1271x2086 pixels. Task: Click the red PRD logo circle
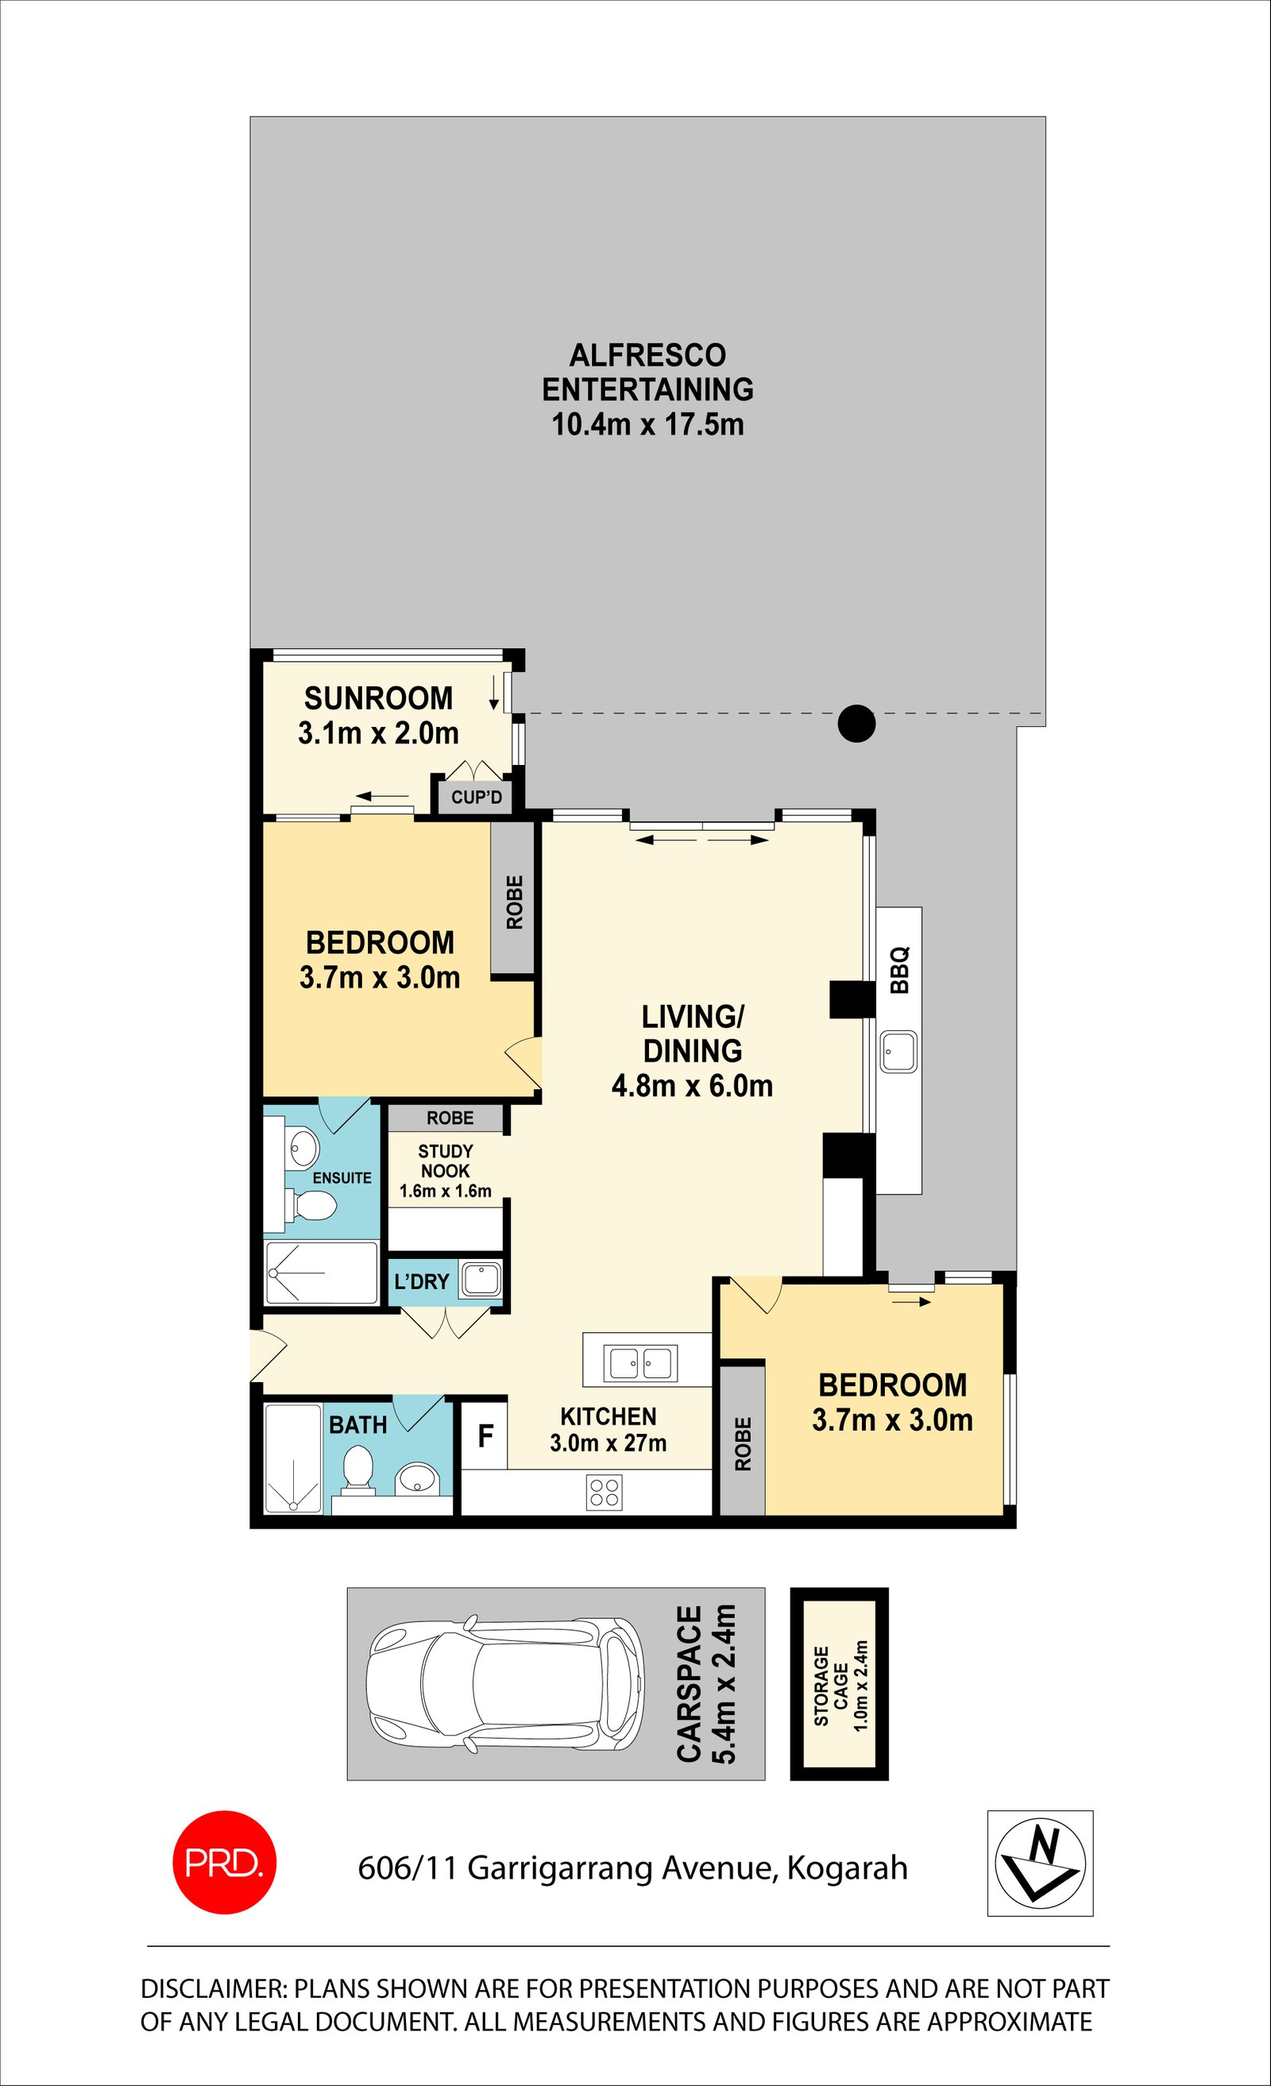(x=224, y=1863)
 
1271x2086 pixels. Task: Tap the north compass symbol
(x=1040, y=1863)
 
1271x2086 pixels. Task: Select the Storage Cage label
(x=840, y=1686)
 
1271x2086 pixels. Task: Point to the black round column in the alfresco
(x=856, y=724)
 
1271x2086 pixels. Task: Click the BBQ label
(x=899, y=969)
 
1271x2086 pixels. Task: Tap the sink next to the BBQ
(x=898, y=1053)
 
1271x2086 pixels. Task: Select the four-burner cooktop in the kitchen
(x=604, y=1493)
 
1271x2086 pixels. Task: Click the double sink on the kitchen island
(x=640, y=1364)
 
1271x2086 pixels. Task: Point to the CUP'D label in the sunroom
(x=477, y=798)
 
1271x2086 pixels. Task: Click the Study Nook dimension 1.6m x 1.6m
(x=446, y=1192)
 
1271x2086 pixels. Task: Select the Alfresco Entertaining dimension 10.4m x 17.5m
(x=647, y=424)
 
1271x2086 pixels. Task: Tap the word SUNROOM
(x=378, y=698)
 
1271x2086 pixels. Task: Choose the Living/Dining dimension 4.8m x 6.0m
(x=693, y=1086)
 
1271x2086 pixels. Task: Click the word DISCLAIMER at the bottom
(x=214, y=1987)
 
